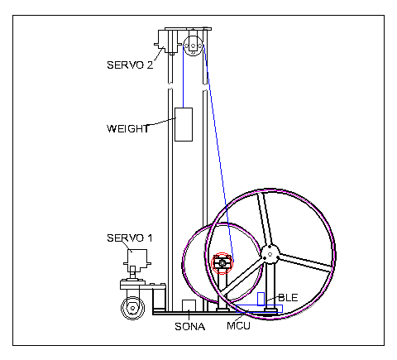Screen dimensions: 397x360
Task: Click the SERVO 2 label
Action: point(130,65)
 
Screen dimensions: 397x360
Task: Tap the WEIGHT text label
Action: point(128,129)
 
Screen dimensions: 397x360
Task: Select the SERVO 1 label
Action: point(130,238)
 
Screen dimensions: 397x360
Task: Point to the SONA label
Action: point(190,327)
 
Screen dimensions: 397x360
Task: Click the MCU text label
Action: point(238,326)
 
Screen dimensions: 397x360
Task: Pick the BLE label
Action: point(288,298)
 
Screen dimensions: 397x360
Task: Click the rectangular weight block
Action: point(184,124)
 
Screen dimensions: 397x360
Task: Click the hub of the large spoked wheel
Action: point(270,254)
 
